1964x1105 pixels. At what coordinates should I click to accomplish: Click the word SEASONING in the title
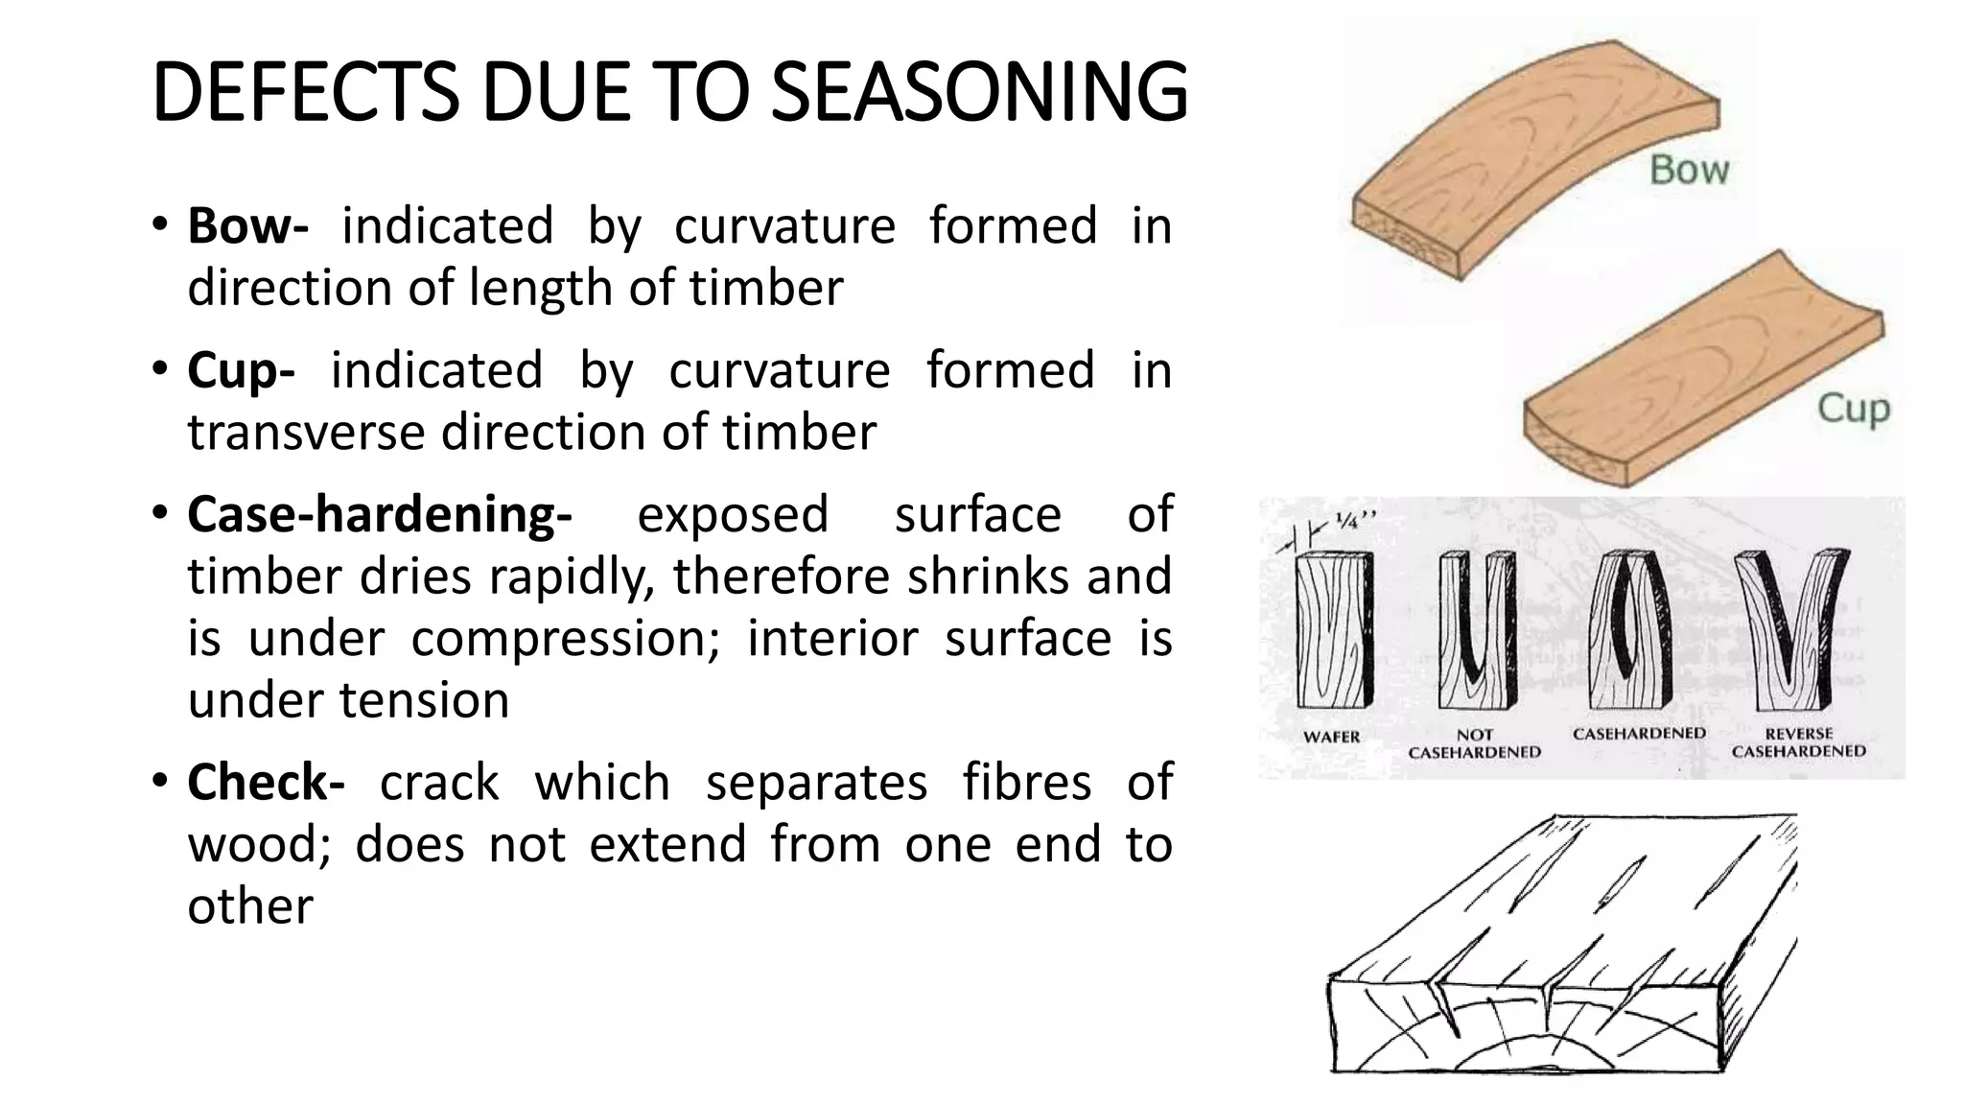[979, 93]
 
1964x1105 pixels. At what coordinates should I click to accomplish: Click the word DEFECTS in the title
[305, 93]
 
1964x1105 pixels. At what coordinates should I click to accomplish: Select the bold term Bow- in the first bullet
[247, 226]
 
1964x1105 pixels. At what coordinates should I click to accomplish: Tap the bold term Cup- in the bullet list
[241, 370]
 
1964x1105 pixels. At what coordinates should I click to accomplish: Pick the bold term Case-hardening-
[380, 514]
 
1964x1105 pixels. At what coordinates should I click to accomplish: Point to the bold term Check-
[266, 782]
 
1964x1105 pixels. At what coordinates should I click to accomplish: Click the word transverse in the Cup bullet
[308, 433]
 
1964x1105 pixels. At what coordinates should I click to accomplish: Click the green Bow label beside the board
[1689, 171]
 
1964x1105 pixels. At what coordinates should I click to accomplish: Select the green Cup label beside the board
[1853, 409]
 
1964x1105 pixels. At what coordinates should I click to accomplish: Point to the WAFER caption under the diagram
[1331, 737]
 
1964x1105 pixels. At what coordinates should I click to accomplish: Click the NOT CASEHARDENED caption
[1474, 744]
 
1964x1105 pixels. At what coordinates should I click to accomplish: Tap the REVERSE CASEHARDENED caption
[1798, 743]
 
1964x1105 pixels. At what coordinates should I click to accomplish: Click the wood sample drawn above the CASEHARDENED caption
[1630, 638]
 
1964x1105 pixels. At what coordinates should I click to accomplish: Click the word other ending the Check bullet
[250, 906]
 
